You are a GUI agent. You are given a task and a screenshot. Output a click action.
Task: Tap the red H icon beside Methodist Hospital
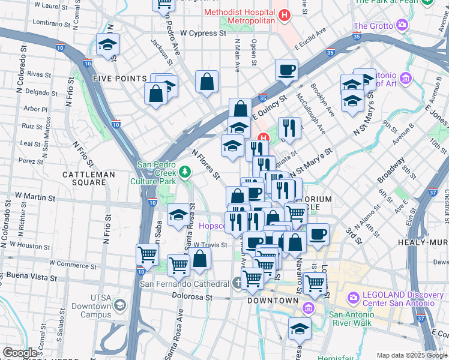(285, 14)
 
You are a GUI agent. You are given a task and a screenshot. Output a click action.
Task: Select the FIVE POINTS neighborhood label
(120, 79)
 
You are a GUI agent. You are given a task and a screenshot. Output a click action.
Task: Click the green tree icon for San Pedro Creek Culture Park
(185, 172)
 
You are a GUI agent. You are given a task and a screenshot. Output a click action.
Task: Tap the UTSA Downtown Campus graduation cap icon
(120, 306)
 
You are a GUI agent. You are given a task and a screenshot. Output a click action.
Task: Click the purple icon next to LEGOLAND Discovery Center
(353, 297)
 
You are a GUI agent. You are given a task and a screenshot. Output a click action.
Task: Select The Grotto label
(373, 26)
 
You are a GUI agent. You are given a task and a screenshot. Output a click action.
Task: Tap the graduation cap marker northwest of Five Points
(108, 44)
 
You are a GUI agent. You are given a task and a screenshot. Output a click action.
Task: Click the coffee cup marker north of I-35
(287, 69)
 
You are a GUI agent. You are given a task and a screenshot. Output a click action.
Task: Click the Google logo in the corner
(20, 353)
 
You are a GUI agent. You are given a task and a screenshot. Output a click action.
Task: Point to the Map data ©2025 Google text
(411, 355)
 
